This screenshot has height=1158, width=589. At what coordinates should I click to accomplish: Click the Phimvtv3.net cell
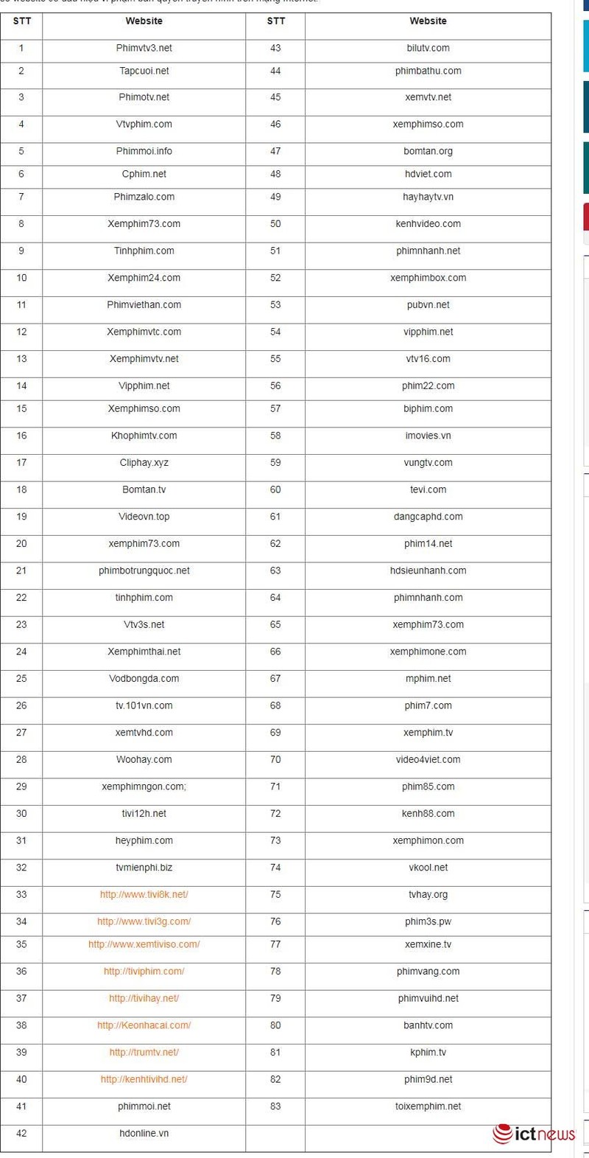click(x=144, y=48)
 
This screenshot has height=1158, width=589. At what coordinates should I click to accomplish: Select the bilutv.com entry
click(x=428, y=48)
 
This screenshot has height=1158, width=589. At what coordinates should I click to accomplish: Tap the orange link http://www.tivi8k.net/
click(x=144, y=894)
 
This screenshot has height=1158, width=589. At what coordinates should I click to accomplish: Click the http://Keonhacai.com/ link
click(x=144, y=1025)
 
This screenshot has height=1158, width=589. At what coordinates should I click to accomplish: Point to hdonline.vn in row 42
click(x=144, y=1133)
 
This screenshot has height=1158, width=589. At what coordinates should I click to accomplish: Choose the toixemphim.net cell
click(x=428, y=1106)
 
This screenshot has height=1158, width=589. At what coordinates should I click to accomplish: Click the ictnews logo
click(x=534, y=1134)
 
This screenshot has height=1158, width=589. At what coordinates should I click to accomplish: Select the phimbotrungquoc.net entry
click(x=144, y=571)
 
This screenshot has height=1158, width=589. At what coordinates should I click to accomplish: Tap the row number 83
click(x=275, y=1106)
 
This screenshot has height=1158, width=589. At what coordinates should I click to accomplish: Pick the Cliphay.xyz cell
click(x=144, y=462)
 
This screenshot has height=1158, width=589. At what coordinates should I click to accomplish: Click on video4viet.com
click(x=428, y=759)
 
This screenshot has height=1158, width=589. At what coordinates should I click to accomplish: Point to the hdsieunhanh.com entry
click(x=428, y=571)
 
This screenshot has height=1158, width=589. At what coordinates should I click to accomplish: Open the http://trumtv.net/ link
click(x=144, y=1052)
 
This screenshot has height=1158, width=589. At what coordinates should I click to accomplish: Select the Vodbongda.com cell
click(x=144, y=678)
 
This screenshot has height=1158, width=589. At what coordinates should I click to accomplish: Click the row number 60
click(x=275, y=489)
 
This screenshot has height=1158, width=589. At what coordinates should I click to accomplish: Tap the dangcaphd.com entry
click(x=428, y=517)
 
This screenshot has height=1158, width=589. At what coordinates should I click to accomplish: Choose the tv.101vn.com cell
click(x=144, y=705)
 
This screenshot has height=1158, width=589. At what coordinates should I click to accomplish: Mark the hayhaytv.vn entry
click(x=428, y=197)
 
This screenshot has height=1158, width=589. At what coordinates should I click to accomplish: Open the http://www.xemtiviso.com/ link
click(x=144, y=944)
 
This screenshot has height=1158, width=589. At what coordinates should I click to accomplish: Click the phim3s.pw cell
click(x=428, y=921)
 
